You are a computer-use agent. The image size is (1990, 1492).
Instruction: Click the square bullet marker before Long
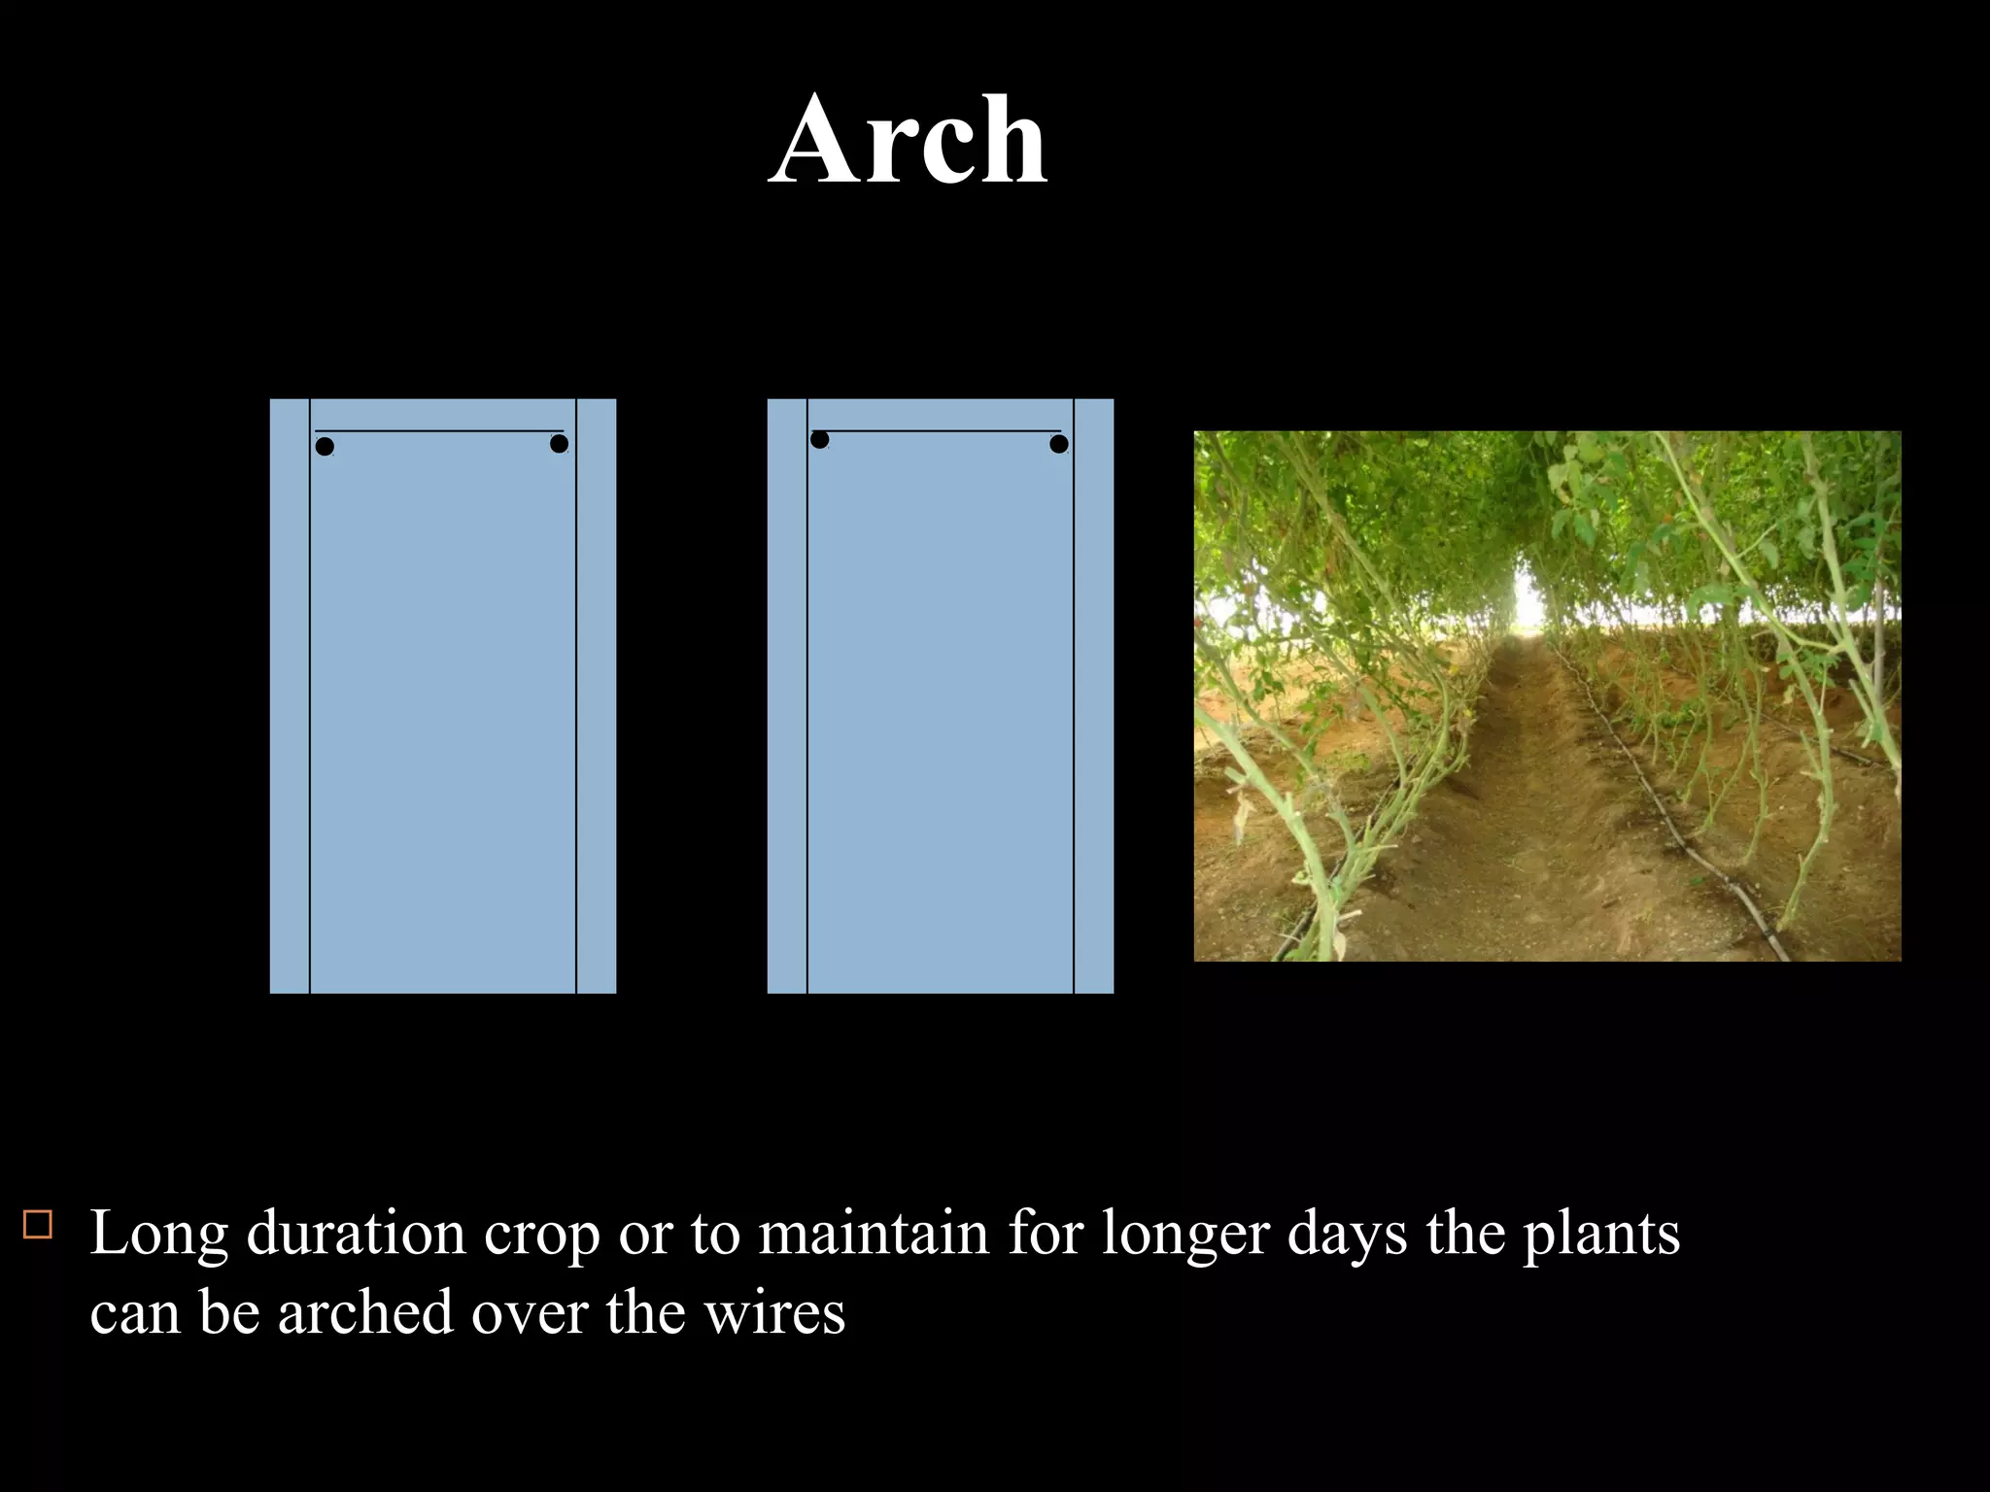click(x=38, y=1224)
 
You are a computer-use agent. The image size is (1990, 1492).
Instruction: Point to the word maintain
click(x=874, y=1234)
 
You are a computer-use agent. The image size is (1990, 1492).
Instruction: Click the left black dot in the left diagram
click(x=325, y=447)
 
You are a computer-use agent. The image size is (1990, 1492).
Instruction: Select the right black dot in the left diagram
click(x=559, y=444)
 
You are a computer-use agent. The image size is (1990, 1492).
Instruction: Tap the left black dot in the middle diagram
click(x=819, y=440)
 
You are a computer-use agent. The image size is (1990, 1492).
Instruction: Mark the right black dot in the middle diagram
click(x=1059, y=444)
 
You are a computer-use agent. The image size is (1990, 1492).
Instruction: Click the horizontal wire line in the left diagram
click(x=439, y=430)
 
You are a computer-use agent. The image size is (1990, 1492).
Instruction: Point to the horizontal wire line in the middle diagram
click(x=937, y=430)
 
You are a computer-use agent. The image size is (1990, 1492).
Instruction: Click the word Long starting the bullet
click(x=159, y=1236)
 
